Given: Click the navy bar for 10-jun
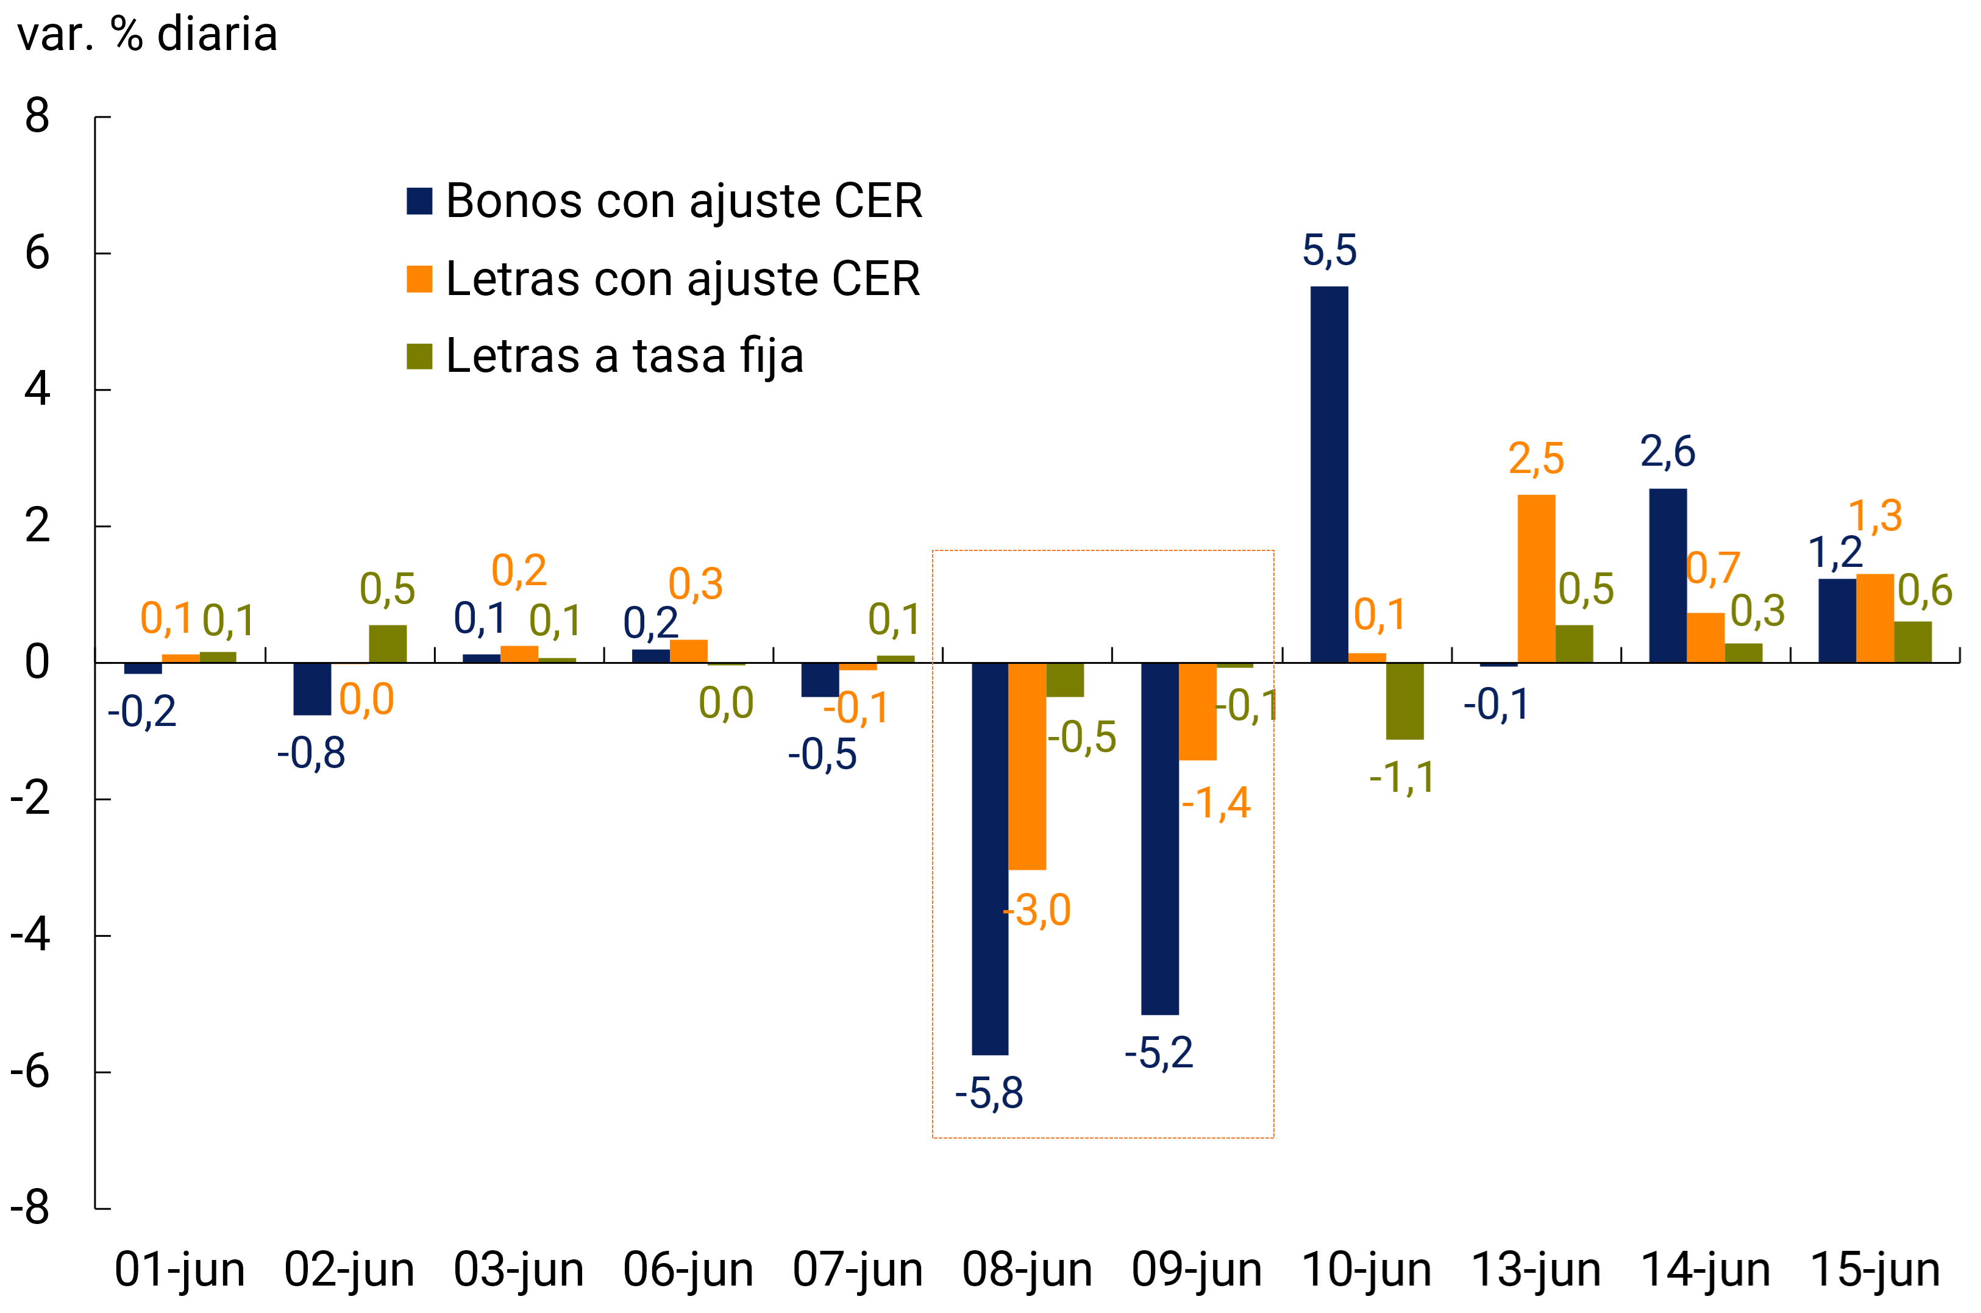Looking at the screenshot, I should coord(1329,474).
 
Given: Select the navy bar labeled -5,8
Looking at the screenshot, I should coord(990,858).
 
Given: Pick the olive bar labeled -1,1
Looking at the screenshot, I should coord(1404,701).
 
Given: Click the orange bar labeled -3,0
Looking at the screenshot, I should coord(1027,766).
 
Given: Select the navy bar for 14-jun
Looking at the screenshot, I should coord(1668,575).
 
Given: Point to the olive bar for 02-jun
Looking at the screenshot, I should coord(388,644).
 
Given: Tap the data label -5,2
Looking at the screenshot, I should coord(1159,1053).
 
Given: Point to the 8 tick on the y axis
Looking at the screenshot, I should coord(37,116).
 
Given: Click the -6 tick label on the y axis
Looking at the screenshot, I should coord(30,1071).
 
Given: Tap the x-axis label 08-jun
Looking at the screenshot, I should coord(1027,1270).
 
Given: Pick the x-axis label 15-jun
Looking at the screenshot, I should coord(1875,1270).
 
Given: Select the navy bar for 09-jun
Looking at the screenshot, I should coord(1159,838).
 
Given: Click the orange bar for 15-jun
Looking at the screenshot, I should coord(1875,618).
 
